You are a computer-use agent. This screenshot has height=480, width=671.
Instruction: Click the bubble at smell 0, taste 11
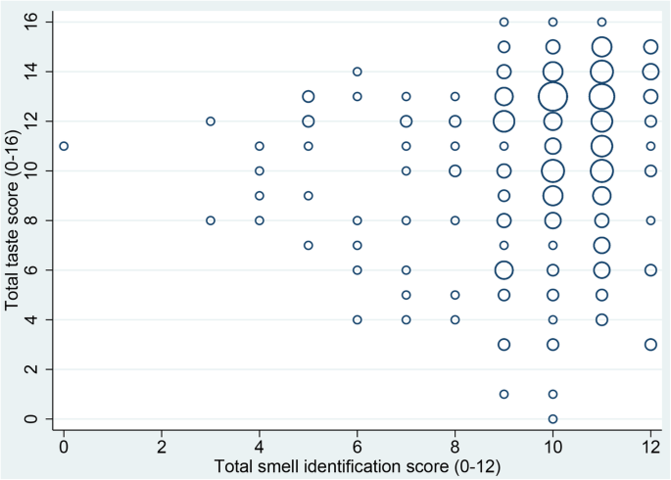(64, 146)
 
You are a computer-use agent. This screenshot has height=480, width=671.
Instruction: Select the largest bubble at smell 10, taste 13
(552, 96)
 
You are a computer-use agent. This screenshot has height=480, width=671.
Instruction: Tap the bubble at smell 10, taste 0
(552, 419)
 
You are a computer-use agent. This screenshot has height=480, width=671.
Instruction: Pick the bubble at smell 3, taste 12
(211, 121)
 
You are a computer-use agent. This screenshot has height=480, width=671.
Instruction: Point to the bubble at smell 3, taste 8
(211, 220)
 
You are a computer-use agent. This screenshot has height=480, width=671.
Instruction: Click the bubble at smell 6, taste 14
(358, 72)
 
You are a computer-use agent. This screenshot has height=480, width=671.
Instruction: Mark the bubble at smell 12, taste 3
(650, 344)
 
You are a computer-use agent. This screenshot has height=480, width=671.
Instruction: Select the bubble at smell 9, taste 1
(503, 394)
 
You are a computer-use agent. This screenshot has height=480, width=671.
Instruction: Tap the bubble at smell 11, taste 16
(601, 22)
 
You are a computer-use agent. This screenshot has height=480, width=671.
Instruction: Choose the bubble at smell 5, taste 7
(309, 245)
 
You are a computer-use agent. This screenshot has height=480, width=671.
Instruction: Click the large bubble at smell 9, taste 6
(503, 270)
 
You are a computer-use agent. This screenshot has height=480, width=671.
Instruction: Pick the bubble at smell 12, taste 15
(650, 46)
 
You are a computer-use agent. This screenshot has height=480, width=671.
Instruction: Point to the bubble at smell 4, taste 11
(260, 146)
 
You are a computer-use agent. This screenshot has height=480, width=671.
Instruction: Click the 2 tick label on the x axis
(162, 446)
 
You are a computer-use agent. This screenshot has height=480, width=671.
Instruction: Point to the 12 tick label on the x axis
(650, 446)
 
